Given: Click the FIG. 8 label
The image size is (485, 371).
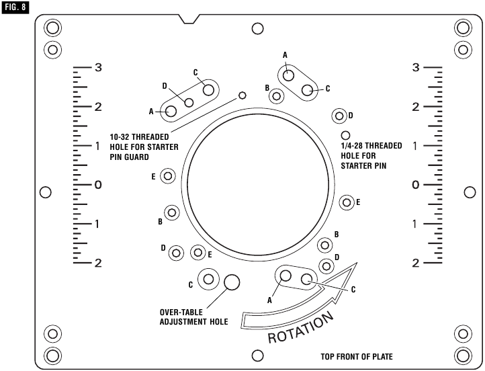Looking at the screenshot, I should tap(15, 8).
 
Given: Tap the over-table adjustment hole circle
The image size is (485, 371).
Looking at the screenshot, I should tap(232, 282).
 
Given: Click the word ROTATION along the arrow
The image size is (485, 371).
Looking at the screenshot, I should tap(301, 327).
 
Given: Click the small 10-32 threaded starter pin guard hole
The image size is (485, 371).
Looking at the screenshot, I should tap(242, 95).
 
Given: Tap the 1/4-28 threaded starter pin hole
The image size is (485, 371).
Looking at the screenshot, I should tap(346, 135).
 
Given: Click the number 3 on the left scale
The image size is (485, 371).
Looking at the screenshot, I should tap(98, 68).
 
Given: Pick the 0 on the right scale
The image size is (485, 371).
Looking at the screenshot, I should tap(416, 184).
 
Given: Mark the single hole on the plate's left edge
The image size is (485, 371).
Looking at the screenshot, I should tap(46, 192).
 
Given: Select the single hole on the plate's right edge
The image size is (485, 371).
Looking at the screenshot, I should tap(470, 192).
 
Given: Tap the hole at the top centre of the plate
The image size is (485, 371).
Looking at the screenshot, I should tap(257, 28).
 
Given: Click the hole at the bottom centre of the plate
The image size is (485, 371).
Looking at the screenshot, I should tap(257, 355).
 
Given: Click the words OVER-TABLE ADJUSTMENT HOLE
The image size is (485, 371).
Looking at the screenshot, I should tap(193, 317).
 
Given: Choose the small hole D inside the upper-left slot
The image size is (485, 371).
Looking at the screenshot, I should tap(189, 102).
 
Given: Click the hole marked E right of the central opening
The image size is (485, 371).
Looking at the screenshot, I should tap(347, 202).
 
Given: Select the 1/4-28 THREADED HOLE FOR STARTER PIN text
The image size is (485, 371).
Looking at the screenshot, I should tap(371, 154).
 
